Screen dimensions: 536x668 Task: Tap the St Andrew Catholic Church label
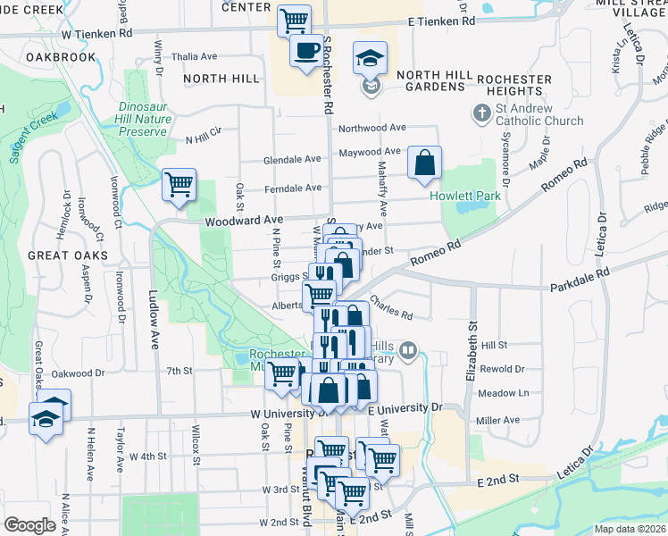[539, 114]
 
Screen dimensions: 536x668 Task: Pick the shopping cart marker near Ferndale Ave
[179, 185]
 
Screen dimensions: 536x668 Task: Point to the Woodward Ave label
[244, 219]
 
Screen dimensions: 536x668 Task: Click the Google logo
[29, 525]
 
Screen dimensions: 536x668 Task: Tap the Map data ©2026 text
[630, 529]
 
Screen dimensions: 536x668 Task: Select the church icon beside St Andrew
[482, 114]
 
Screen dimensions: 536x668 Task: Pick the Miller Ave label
[498, 420]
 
